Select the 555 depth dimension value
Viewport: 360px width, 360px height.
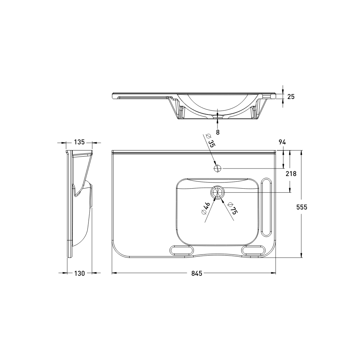(302, 207)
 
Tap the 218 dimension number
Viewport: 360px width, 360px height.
(291, 174)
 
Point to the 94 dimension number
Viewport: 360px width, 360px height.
(282, 142)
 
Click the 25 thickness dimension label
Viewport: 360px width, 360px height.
(291, 96)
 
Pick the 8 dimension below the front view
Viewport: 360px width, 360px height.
(218, 132)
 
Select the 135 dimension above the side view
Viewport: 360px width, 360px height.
(79, 142)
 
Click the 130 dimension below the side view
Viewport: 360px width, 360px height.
(79, 273)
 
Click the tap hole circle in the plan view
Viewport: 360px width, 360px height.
(218, 168)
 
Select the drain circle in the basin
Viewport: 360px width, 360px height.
(218, 193)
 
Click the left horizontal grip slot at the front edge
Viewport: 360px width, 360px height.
(181, 250)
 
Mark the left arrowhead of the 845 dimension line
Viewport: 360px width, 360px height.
(114, 273)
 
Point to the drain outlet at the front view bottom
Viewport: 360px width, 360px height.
(218, 116)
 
